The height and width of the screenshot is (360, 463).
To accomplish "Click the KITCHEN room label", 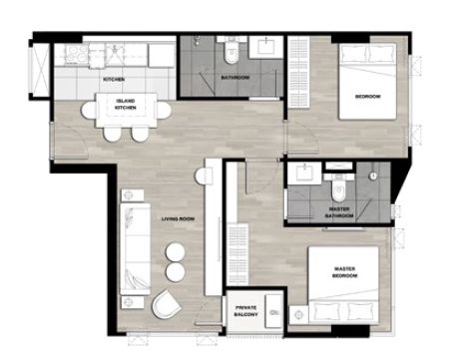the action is pyautogui.click(x=114, y=79).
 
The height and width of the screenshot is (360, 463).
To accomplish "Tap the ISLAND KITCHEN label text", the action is pyautogui.click(x=126, y=105).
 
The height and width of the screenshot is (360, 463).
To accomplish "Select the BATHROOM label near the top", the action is pyautogui.click(x=235, y=78).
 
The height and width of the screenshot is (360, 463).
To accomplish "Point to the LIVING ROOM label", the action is pyautogui.click(x=178, y=219).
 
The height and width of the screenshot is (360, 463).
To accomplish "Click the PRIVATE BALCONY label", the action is pyautogui.click(x=245, y=311).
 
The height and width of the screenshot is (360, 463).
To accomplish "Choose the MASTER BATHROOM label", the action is pyautogui.click(x=339, y=212).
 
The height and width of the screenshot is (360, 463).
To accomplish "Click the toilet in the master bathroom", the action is pyautogui.click(x=338, y=189).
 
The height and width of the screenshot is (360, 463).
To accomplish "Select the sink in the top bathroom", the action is pyautogui.click(x=266, y=47).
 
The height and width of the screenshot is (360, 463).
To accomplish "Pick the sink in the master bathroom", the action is pyautogui.click(x=304, y=173).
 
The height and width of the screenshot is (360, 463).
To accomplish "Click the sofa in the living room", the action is pyautogui.click(x=135, y=249).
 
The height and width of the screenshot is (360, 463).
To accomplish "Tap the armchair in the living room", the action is pyautogui.click(x=166, y=304).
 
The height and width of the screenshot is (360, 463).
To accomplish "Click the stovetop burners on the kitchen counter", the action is pyautogui.click(x=77, y=54).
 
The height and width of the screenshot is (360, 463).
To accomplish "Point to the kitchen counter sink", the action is pyautogui.click(x=116, y=54).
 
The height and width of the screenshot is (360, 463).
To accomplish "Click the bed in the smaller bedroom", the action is pyautogui.click(x=367, y=82).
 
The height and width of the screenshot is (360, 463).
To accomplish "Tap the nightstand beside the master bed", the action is pyautogui.click(x=298, y=315).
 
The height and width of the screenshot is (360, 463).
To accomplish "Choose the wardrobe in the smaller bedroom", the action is pyautogui.click(x=298, y=72).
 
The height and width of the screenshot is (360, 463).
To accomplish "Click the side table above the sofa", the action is pyautogui.click(x=133, y=195).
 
